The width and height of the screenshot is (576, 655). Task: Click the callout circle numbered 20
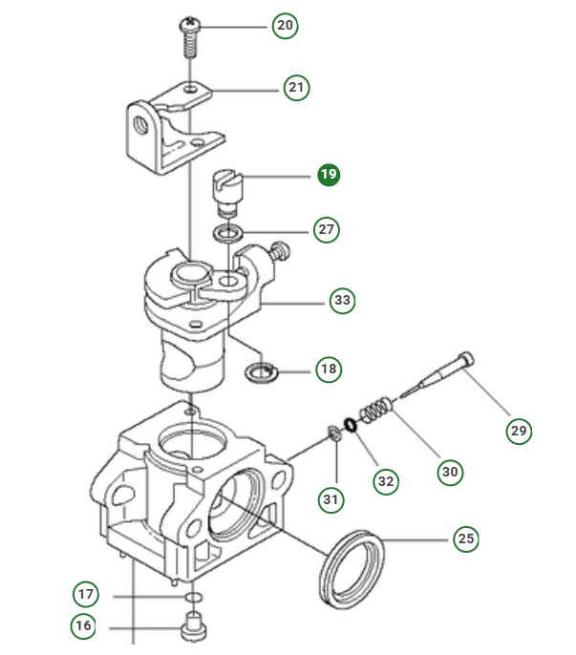pos(285,25)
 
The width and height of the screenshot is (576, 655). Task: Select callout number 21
pos(296,88)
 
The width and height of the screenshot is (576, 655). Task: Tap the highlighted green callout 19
pos(329,175)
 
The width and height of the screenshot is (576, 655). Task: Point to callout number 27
pos(327,229)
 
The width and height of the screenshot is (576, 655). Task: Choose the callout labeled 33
pos(342,301)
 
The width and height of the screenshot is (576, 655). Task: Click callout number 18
pos(329,369)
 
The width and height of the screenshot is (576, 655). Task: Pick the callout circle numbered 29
pos(519,431)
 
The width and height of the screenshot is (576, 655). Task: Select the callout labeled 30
pos(450,471)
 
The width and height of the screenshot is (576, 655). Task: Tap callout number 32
pos(385,481)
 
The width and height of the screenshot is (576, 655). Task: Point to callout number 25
pos(465,539)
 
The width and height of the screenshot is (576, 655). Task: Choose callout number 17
pos(86,595)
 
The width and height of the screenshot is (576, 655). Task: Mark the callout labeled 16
pos(84,626)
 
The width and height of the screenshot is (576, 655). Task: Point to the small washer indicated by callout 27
pos(227,233)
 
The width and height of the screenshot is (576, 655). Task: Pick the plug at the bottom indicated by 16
pos(192,631)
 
